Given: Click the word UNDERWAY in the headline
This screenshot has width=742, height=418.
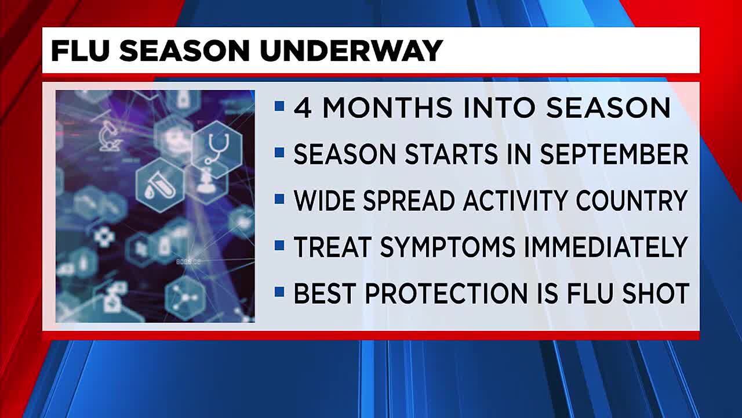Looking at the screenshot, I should [x=351, y=51].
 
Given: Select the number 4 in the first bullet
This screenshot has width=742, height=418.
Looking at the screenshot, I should [x=303, y=107].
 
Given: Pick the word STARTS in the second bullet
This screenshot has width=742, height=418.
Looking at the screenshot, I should [x=421, y=154].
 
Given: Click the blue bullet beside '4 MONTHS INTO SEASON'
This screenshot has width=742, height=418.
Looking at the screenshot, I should [x=280, y=106].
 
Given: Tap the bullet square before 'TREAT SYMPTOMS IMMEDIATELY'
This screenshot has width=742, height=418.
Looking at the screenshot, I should [x=280, y=246].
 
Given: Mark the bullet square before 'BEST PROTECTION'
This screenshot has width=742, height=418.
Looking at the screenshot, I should [x=280, y=292].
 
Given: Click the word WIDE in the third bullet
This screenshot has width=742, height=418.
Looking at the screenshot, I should [x=321, y=201].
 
